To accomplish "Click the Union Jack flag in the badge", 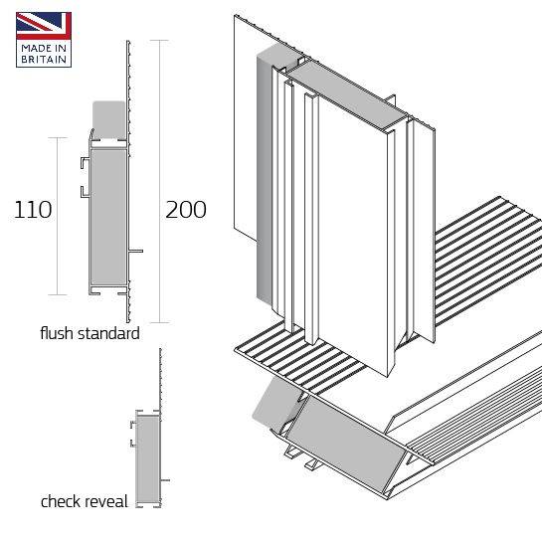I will point(44,26).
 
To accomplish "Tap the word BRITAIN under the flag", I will point(44,60).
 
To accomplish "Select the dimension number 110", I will point(33,210).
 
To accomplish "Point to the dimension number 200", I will point(186,210).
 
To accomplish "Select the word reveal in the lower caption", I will point(106,501).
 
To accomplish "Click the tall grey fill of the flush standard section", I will point(108,219).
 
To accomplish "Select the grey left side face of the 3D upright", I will point(266,179).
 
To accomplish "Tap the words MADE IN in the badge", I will point(44,48).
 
